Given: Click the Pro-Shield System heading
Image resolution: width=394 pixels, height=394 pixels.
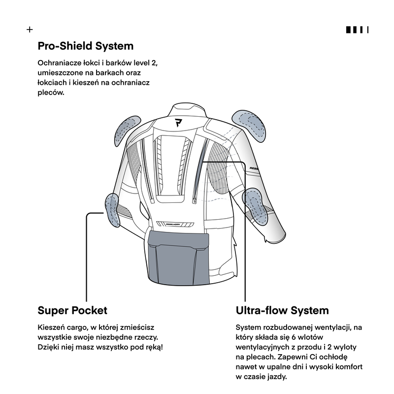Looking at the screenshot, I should click(x=86, y=46).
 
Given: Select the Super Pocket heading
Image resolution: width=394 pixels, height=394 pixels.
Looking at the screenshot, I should click(x=72, y=311).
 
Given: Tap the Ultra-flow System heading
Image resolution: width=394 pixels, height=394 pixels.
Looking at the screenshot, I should click(x=282, y=311).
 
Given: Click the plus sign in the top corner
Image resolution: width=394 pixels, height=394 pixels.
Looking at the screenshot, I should click(x=30, y=30).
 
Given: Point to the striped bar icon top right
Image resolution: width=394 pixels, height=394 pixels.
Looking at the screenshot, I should click(x=357, y=30).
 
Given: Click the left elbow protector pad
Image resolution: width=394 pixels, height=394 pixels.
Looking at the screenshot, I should click(x=112, y=209).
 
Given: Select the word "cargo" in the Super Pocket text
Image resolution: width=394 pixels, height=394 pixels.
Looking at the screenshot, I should click(x=78, y=327).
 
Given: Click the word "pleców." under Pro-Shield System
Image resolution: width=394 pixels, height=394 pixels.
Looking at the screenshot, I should click(x=51, y=92).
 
